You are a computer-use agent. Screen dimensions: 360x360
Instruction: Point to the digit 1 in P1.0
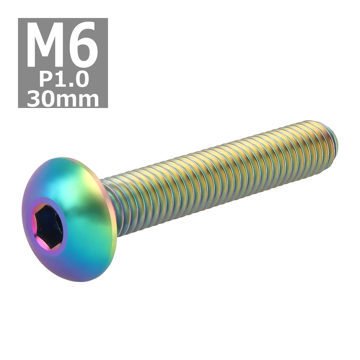coord(59,79)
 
